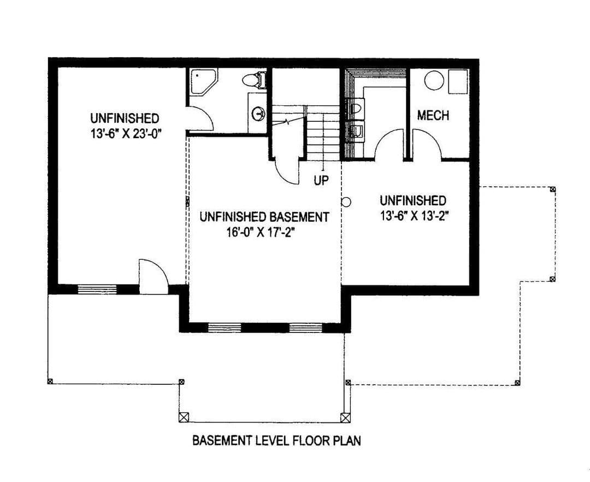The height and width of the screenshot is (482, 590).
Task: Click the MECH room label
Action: pyautogui.click(x=433, y=115)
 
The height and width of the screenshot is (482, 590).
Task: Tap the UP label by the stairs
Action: pyautogui.click(x=321, y=181)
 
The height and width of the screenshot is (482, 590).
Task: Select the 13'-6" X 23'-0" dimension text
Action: pyautogui.click(x=126, y=134)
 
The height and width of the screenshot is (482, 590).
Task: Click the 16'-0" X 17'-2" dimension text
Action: pyautogui.click(x=259, y=233)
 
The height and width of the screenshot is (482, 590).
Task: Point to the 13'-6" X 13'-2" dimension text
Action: pyautogui.click(x=415, y=216)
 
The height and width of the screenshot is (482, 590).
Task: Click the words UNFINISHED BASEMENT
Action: pyautogui.click(x=264, y=217)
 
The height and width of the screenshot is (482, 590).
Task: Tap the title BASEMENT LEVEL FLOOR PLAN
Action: pyautogui.click(x=276, y=441)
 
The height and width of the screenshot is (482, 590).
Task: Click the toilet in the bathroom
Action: pyautogui.click(x=254, y=80)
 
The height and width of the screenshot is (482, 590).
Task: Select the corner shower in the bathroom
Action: pyautogui.click(x=203, y=81)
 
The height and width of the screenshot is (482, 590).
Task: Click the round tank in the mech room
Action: pyautogui.click(x=434, y=80)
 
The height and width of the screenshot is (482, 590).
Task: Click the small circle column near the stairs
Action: pyautogui.click(x=346, y=202)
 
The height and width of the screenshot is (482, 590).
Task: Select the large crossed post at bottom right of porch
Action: pyautogui.click(x=345, y=418)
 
